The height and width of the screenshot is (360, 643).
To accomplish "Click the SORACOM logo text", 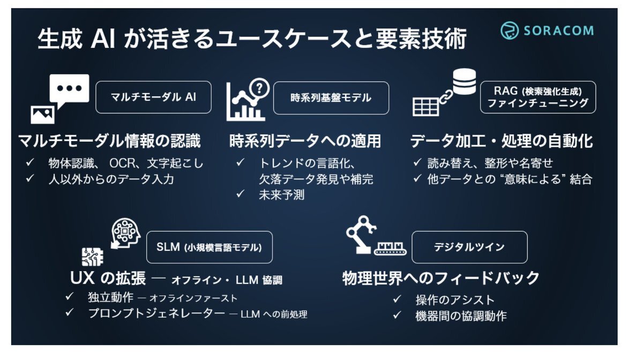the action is [x=558, y=31].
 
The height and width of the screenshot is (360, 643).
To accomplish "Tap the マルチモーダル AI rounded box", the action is [x=153, y=97].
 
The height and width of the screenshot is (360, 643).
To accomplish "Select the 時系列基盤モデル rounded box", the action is [x=331, y=98].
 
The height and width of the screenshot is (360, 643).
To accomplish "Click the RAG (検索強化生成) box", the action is [x=537, y=97].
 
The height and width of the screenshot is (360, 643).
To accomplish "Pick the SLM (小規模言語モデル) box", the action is [x=210, y=247].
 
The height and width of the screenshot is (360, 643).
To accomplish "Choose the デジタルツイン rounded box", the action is [x=469, y=247].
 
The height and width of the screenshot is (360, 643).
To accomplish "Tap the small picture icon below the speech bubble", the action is [x=42, y=115].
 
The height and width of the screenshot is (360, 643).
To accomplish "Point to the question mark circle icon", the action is [x=259, y=88].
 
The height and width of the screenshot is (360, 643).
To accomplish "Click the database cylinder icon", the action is [x=464, y=81].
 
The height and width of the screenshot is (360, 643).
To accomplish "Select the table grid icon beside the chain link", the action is [x=425, y=107].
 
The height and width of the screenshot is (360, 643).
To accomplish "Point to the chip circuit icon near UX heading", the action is [x=92, y=257].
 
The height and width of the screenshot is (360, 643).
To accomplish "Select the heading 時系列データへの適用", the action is [x=305, y=141].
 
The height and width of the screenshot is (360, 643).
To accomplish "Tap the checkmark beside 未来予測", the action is [x=240, y=194].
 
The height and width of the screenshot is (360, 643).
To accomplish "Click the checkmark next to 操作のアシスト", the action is [x=397, y=299].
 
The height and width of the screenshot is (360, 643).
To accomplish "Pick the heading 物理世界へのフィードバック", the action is [x=441, y=278].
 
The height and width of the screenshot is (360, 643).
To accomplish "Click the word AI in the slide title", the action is [x=103, y=39].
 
